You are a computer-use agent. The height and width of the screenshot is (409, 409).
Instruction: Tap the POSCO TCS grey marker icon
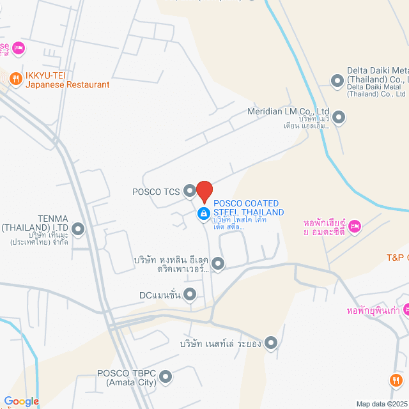pyautogui.click(x=189, y=190)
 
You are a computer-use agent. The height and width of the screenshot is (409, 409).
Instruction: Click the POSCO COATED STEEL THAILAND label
pyautogui.click(x=249, y=208)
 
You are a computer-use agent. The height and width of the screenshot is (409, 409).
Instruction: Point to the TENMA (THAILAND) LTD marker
pyautogui.click(x=78, y=228)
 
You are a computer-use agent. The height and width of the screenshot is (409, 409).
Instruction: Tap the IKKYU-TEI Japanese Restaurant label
pyautogui.click(x=67, y=79)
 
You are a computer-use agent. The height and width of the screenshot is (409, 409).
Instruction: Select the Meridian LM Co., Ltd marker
pyautogui.click(x=339, y=118)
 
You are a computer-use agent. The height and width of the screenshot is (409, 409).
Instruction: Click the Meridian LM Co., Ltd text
pyautogui.click(x=288, y=111)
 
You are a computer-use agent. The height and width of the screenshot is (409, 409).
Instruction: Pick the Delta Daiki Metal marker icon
pyautogui.click(x=337, y=81)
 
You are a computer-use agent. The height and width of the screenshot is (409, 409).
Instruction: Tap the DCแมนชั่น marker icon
pyautogui.click(x=190, y=295)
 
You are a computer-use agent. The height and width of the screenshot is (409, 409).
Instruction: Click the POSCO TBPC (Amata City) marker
pyautogui.click(x=166, y=377)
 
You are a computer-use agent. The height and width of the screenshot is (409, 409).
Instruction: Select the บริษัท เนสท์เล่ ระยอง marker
pyautogui.click(x=271, y=343)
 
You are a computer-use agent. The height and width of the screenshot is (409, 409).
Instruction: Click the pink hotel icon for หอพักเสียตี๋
pyautogui.click(x=356, y=226)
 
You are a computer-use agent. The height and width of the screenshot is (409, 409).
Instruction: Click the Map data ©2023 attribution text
pyautogui.click(x=381, y=404)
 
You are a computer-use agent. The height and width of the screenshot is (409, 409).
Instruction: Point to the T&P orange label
pyautogui.click(x=397, y=258)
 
